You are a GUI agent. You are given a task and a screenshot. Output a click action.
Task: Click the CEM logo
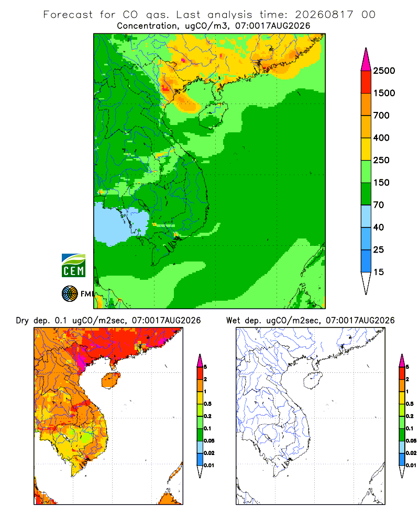(x=73, y=266)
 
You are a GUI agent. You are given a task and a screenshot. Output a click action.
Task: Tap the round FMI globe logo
(x=70, y=294)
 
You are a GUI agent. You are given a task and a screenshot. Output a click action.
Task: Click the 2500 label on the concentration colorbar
(x=384, y=71)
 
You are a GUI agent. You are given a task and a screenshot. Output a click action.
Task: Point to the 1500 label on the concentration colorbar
(x=384, y=93)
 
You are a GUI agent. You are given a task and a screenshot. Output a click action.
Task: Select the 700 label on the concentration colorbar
(x=381, y=116)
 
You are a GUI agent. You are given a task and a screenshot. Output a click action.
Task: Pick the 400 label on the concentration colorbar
(x=381, y=138)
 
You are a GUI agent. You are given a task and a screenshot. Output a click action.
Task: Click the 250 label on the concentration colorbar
(x=381, y=160)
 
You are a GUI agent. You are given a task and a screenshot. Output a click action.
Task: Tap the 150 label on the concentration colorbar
(x=381, y=183)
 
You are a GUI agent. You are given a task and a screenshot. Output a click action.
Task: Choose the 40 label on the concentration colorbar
(x=379, y=227)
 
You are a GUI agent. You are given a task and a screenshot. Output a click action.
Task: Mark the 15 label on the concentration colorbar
(x=379, y=272)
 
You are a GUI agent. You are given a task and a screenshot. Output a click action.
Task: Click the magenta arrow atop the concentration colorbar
(x=366, y=60)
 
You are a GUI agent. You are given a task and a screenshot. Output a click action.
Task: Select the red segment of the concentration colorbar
(x=366, y=82)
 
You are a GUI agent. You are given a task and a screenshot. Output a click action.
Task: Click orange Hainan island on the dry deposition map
(x=111, y=380)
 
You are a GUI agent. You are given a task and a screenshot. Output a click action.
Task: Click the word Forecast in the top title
(x=68, y=15)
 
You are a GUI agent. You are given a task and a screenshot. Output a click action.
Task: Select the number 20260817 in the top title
(x=324, y=15)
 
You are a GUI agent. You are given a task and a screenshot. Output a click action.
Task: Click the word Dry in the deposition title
(x=23, y=321)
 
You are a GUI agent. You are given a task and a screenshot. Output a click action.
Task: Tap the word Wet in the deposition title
(x=233, y=321)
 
